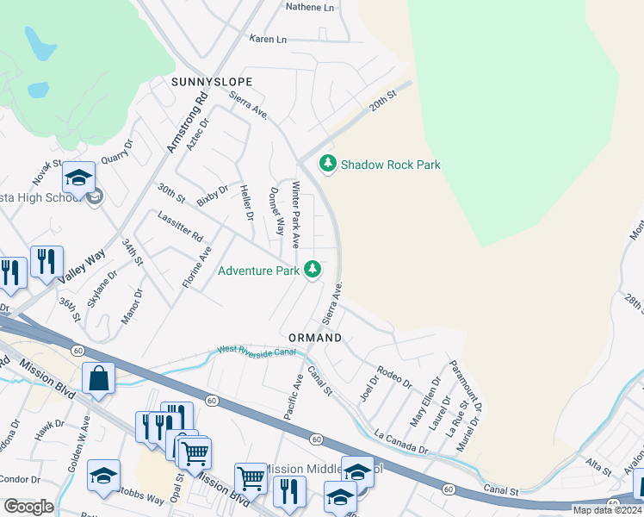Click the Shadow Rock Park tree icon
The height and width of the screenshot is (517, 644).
click(x=327, y=164)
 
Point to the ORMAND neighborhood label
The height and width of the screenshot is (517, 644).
click(x=315, y=338)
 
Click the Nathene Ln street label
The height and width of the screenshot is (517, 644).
click(x=309, y=6)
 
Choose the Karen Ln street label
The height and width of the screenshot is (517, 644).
click(x=268, y=40)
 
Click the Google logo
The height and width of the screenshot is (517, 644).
click(x=28, y=506)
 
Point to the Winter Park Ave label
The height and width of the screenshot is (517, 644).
click(x=295, y=215)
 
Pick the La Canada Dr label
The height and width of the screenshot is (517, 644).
click(x=401, y=441)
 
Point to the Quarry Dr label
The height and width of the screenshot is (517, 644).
click(x=119, y=153)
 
